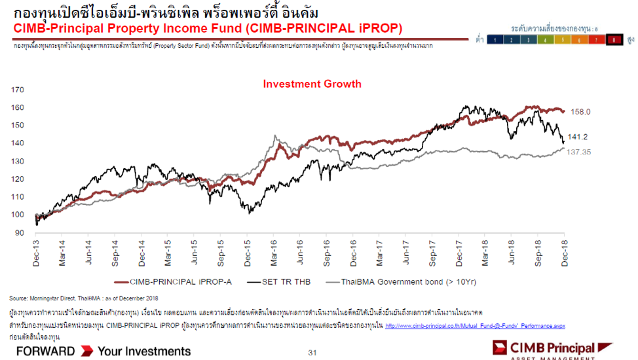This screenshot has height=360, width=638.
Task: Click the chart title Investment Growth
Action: [x=312, y=84]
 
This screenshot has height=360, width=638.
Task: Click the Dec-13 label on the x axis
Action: [x=35, y=251]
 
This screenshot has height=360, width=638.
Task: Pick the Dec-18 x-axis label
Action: [x=564, y=251]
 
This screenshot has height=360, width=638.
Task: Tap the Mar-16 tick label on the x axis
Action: [x=273, y=251]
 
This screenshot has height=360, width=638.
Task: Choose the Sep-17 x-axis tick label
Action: [x=432, y=251]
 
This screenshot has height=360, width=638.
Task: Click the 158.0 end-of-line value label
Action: [x=580, y=112]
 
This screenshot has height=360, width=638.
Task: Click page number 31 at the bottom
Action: [x=312, y=353]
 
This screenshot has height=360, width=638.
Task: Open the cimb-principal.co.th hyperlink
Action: [x=475, y=325]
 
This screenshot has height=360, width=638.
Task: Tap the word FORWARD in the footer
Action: [x=45, y=351]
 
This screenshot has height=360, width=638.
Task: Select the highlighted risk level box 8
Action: [x=614, y=40]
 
